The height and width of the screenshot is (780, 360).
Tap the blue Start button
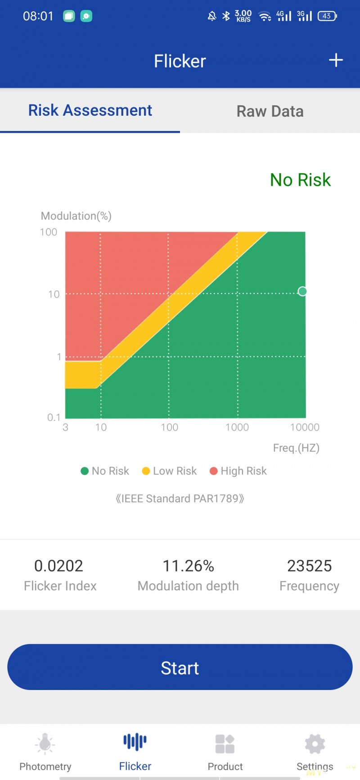coord(180,667)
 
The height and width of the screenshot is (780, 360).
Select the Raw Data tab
coord(270,111)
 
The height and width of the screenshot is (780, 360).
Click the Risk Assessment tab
coord(90,110)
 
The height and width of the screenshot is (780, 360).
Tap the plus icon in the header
coord(336,60)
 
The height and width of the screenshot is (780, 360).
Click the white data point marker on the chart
coord(302,291)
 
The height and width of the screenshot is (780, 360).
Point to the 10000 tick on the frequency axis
coord(305,427)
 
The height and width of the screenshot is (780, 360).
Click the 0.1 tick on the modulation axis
coord(54,417)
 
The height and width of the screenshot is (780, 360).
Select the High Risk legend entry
coord(238,471)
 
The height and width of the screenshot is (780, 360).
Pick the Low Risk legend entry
coord(170,471)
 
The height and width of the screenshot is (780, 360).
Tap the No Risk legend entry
coord(105,471)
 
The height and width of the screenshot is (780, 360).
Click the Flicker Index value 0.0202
coord(59,566)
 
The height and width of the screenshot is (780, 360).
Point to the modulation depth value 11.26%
coord(188,566)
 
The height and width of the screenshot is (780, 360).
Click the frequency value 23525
coord(309,566)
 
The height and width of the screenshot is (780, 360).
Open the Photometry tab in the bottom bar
coord(45,752)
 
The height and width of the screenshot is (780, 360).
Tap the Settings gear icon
coord(315,744)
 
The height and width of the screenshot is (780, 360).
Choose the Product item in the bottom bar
coord(225,752)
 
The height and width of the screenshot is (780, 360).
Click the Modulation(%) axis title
coord(76,216)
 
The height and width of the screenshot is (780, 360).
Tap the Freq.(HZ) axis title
coord(296,448)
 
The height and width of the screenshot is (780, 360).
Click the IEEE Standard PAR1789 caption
coord(180,499)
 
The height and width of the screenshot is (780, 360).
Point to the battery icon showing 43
coord(327,16)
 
